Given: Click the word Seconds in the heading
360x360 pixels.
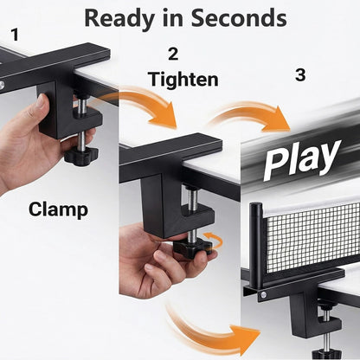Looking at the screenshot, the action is coord(239,18).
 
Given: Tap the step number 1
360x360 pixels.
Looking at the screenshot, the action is coord(15,35).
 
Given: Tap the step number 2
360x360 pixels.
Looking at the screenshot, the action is coord(173,54).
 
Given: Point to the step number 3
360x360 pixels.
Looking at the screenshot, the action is coord(300,75).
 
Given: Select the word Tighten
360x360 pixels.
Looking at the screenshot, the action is coord(183,80).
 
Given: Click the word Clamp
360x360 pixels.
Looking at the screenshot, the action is coord(58,209).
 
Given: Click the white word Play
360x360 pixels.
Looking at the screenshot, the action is coord(301,159).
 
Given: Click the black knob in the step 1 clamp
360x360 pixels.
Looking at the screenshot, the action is coord(81,156).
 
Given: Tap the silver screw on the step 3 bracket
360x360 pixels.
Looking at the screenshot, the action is coord(263,294).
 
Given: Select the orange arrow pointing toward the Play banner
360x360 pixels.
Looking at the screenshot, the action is coord(250,114).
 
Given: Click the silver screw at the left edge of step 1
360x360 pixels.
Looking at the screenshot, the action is coord(2,85).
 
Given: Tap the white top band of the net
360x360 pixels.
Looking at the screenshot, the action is coord(312,208).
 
